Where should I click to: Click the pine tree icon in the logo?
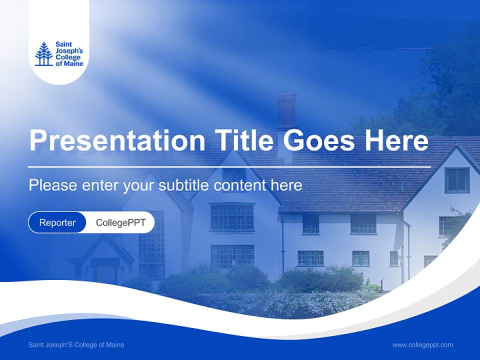[x=43, y=54]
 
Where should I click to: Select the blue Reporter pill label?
[x=57, y=222]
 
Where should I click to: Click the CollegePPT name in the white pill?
[x=120, y=222]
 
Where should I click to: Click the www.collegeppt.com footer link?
[x=422, y=344]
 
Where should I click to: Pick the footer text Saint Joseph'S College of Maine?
[x=76, y=344]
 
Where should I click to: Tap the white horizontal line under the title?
[x=229, y=166]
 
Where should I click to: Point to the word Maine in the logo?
[x=73, y=63]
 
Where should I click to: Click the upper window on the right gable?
[x=456, y=180]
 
